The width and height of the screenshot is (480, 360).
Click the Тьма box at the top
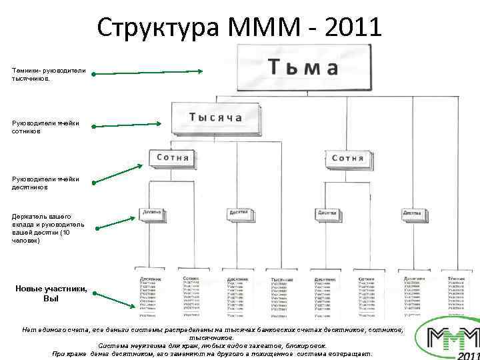pos(303,68)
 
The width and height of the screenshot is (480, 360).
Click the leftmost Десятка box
pos(151,214)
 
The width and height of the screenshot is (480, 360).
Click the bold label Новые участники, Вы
pos(51,293)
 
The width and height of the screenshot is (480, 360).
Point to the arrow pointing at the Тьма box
pos(148,71)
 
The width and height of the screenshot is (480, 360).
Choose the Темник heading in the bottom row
pos(457,279)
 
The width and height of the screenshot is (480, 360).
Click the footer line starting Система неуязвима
pos(212,345)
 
